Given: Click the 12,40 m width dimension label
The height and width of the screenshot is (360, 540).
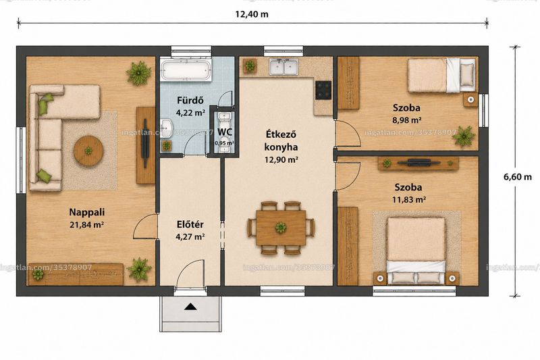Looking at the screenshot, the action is [x=252, y=14].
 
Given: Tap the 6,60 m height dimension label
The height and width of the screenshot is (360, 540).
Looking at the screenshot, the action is [x=518, y=177].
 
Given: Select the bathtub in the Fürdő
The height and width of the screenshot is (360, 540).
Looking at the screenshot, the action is [x=186, y=70].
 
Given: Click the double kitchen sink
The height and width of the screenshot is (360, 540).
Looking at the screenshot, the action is [x=284, y=67].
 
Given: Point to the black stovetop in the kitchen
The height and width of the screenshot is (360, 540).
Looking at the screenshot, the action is [x=323, y=90].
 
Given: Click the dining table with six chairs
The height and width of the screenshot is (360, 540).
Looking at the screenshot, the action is [x=281, y=228].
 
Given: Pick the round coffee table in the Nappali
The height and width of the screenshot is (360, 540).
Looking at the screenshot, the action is [x=89, y=151].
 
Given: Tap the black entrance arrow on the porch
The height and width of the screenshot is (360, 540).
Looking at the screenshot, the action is [x=190, y=307].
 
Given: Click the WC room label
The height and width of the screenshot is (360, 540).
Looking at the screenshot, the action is [x=225, y=132].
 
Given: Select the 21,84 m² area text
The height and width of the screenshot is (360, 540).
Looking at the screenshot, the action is [x=87, y=225].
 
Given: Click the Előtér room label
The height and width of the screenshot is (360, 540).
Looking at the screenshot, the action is [x=190, y=225].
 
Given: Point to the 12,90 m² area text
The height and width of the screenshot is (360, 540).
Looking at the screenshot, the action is [x=281, y=160].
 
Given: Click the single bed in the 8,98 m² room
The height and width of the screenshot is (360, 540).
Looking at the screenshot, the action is [x=441, y=76].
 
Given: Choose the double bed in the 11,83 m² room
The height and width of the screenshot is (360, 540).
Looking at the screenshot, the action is [x=416, y=251].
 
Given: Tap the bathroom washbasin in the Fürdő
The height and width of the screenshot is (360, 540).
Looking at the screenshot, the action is [x=167, y=128].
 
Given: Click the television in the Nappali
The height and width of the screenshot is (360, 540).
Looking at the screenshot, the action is [x=145, y=143].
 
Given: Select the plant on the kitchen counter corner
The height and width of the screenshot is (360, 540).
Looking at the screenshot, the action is [x=250, y=65].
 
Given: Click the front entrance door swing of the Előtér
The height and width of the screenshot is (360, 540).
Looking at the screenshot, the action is [x=190, y=273].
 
